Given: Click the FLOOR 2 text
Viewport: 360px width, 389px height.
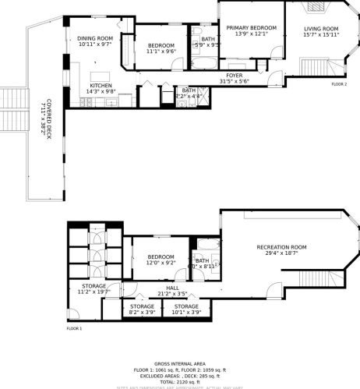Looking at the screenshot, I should coord(339,84).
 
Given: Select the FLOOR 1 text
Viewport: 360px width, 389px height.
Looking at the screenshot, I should coord(74,329).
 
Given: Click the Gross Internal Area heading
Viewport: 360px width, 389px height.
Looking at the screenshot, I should coord(179,364).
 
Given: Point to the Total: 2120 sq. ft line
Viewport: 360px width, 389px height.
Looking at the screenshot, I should coord(179,381).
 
